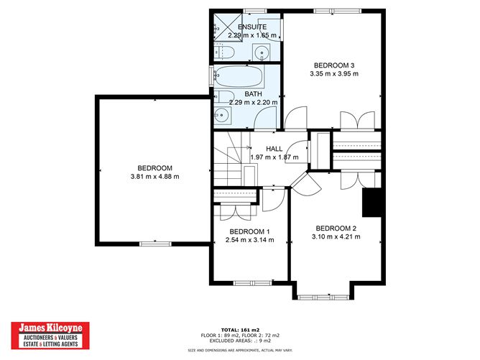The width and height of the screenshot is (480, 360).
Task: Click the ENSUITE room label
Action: click(243, 27)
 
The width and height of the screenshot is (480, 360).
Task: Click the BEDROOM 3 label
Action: click(333, 64)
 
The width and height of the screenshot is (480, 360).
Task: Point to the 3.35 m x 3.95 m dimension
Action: click(333, 73)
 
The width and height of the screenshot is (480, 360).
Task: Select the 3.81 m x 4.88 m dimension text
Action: click(154, 177)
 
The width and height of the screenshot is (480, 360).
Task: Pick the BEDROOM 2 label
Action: click(336, 229)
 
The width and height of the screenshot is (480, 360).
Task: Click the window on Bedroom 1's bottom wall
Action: click(249, 283)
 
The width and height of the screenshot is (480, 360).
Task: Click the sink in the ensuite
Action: click(262, 52)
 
